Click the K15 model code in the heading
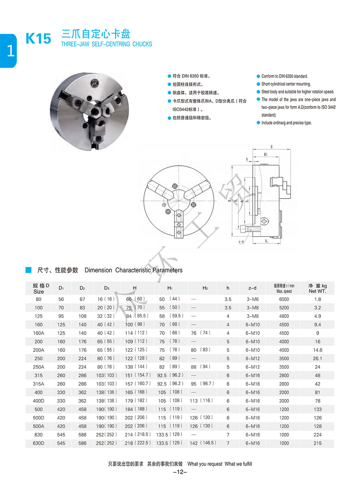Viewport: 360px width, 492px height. pyautogui.click(x=38, y=39)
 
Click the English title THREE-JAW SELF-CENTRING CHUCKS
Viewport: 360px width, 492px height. pyautogui.click(x=106, y=44)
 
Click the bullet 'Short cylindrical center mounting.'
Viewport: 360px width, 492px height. pyautogui.click(x=286, y=84)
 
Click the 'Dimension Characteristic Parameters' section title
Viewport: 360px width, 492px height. pyautogui.click(x=133, y=270)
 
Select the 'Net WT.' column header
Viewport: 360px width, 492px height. pyautogui.click(x=317, y=291)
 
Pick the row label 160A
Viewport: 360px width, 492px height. pyautogui.click(x=38, y=333)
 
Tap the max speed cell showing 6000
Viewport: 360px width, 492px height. pyautogui.click(x=284, y=299)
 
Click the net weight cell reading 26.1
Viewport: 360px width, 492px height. pyautogui.click(x=317, y=359)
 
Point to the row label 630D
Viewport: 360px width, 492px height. pyautogui.click(x=38, y=443)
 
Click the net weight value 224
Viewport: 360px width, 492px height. pyautogui.click(x=317, y=435)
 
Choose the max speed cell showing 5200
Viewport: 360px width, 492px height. pyautogui.click(x=284, y=308)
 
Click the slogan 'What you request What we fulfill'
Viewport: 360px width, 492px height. pyautogui.click(x=220, y=464)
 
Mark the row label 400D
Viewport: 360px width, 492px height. pyautogui.click(x=38, y=401)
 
